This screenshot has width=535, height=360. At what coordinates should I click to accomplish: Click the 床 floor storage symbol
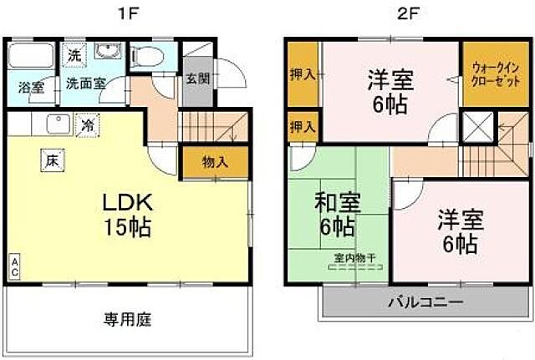pos(51,159)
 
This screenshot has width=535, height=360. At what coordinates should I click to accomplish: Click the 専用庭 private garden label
pos(127,319)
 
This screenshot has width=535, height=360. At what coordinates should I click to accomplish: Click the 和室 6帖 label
pos(338,213)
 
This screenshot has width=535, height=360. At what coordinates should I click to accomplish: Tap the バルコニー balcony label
pos(424,302)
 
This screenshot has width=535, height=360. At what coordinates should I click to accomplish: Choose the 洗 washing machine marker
pos(74,56)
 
